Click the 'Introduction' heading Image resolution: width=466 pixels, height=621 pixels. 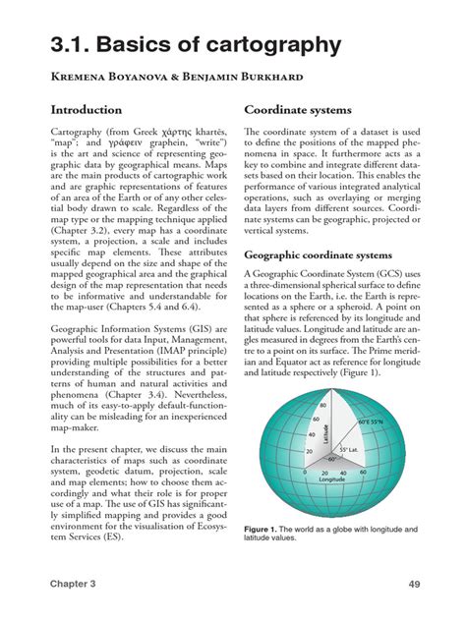(x=87, y=110)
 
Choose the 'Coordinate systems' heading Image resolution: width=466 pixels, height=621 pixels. (x=304, y=110)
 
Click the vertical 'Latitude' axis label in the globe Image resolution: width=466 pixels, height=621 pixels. (x=336, y=425)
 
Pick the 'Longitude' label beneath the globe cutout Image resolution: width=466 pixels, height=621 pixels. (x=330, y=480)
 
